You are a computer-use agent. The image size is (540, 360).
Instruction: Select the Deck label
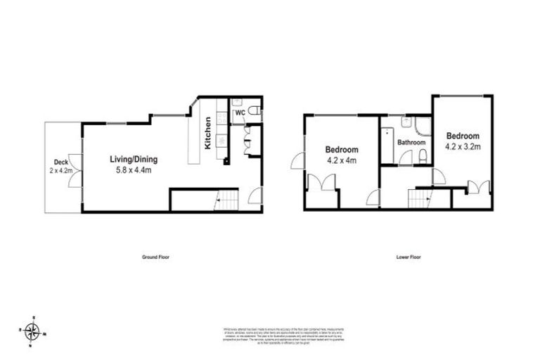[x=60, y=160]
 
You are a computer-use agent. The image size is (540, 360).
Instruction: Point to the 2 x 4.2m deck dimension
[x=60, y=170]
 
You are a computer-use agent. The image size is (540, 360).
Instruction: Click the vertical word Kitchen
[x=208, y=133]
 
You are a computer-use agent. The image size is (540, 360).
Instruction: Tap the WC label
[x=239, y=112]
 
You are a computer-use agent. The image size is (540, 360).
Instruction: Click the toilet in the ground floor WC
[x=256, y=111]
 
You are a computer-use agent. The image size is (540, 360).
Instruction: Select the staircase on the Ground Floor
[x=226, y=201]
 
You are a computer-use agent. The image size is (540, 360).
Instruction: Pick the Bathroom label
[x=411, y=143]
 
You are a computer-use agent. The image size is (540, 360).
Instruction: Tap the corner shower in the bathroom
[x=422, y=125]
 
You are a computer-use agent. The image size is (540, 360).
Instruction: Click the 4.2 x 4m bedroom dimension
[x=342, y=160]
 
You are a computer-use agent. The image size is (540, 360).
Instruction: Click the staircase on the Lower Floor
[x=419, y=199]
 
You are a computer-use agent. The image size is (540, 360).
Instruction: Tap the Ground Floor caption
[x=155, y=257]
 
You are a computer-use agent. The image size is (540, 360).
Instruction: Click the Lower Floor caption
[x=409, y=257]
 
